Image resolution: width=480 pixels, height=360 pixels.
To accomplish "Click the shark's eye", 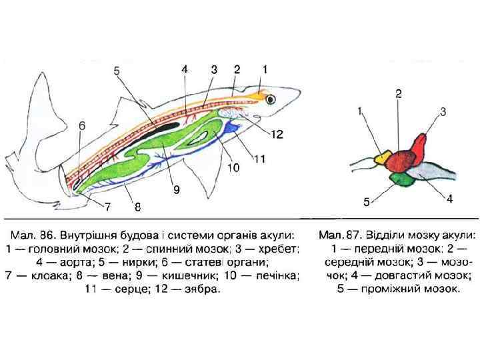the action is coord(271,99).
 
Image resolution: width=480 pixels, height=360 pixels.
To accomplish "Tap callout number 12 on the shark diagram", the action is coord(277,134).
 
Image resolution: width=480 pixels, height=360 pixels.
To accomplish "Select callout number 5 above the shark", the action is coord(117,70).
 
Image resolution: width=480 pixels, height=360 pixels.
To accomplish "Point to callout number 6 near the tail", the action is coord(81,125).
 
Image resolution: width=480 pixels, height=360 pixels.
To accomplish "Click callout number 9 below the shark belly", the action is coord(177,189).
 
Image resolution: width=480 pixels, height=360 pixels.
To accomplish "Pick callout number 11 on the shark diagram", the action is coord(259,158).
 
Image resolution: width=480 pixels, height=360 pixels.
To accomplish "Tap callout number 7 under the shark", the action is coord(107,206).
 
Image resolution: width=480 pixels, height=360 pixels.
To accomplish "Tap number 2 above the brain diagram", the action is coord(398,94).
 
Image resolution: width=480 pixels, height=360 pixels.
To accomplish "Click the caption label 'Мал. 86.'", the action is coord(33,235).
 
